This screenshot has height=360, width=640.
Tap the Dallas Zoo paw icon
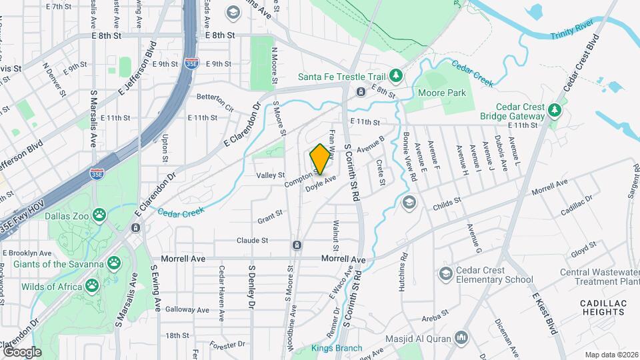coord(99,215)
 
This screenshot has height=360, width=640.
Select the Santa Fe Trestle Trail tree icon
coord(395,76)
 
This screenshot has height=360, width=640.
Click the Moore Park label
coord(442,93)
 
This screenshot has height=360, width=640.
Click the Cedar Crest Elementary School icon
coord(445,274)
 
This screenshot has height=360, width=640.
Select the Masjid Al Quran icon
coord(461,340)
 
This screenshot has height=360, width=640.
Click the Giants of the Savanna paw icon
coord(115,263)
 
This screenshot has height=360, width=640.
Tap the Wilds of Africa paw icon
coord(91,286)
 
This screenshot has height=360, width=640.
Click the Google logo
coord(22,351)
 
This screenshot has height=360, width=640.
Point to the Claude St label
coord(252,240)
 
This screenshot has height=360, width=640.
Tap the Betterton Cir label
coord(215,97)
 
